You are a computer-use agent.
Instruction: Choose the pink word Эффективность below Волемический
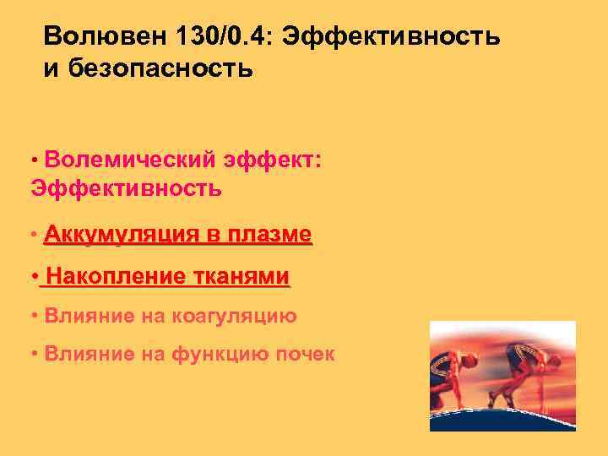pyautogui.click(x=127, y=187)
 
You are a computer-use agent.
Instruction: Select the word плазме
pyautogui.click(x=270, y=234)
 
